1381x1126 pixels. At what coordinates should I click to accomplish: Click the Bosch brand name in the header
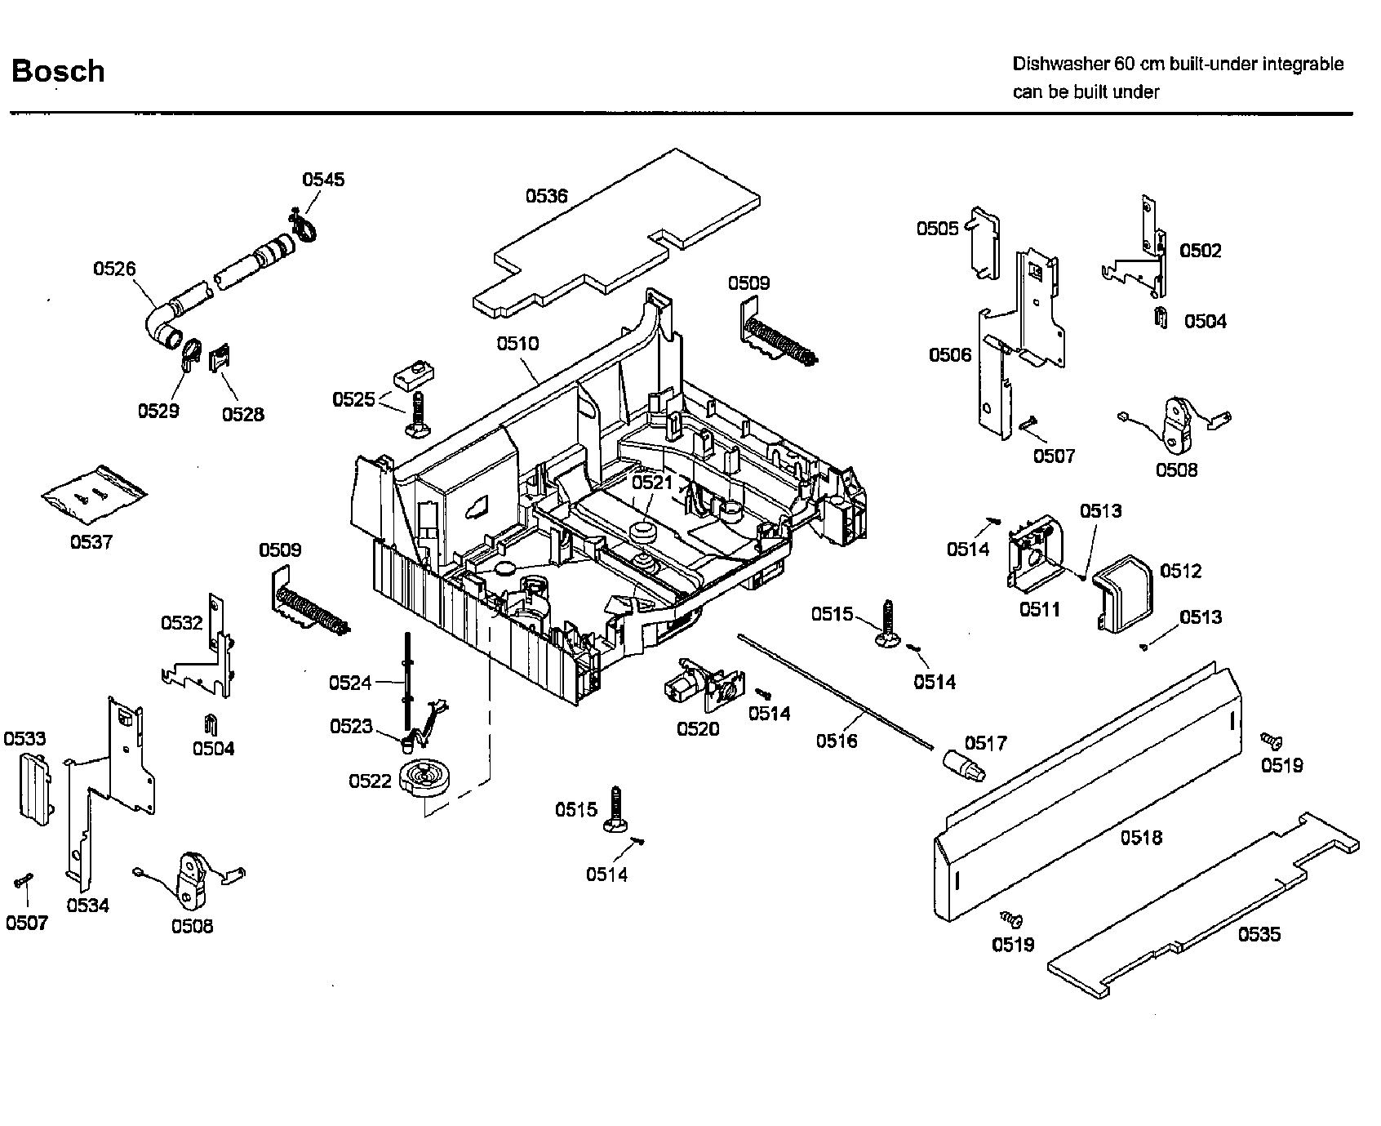58,71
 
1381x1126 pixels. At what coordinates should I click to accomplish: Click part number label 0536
546,196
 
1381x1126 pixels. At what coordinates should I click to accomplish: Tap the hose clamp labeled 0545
302,227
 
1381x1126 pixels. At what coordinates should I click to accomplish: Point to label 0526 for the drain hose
114,269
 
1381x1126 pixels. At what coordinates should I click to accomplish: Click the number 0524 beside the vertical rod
350,683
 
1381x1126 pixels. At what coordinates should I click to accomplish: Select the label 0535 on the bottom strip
1259,934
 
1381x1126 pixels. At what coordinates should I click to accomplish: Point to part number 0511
1039,609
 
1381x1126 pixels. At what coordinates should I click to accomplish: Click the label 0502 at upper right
1200,251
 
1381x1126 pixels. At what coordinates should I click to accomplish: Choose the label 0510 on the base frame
518,343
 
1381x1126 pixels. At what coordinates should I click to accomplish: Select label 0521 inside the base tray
652,483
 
